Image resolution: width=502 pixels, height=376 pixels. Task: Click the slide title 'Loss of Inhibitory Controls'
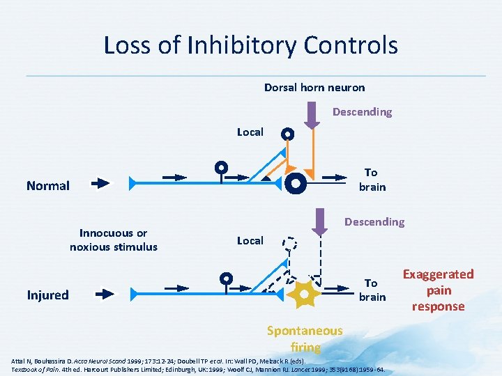(250, 45)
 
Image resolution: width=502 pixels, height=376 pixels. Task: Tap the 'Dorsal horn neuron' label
(314, 87)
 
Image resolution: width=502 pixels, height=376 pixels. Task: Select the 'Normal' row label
(48, 186)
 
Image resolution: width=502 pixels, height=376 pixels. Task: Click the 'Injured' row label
(47, 295)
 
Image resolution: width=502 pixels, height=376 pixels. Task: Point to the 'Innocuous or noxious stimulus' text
(114, 240)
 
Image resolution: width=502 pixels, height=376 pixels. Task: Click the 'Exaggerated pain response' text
(439, 290)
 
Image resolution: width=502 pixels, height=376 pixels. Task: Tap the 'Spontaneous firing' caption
(305, 338)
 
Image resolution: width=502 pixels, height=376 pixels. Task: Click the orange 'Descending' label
(362, 111)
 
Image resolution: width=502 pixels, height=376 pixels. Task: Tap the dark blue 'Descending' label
(374, 221)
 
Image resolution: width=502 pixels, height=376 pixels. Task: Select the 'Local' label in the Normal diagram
(250, 132)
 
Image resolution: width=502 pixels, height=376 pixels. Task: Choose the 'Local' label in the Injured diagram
(250, 240)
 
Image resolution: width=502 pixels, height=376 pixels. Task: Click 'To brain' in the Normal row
(371, 179)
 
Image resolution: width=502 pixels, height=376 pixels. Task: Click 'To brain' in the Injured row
(372, 290)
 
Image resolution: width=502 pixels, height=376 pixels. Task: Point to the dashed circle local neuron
(289, 244)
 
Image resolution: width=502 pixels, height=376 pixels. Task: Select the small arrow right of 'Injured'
(103, 294)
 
